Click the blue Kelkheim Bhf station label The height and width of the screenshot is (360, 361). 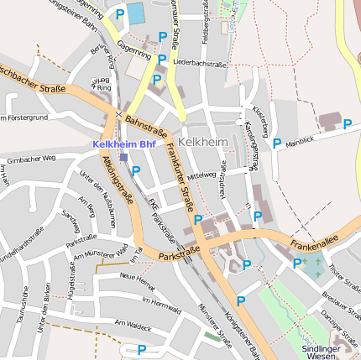point(124,144)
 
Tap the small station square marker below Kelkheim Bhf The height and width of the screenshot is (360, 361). point(123,157)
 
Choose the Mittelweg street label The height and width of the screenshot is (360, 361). point(202,176)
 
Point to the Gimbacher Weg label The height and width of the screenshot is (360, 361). point(30,159)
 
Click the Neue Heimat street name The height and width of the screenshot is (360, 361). point(138,277)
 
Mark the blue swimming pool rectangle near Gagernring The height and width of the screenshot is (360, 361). point(136,13)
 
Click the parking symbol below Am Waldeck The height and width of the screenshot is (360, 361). point(142,350)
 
